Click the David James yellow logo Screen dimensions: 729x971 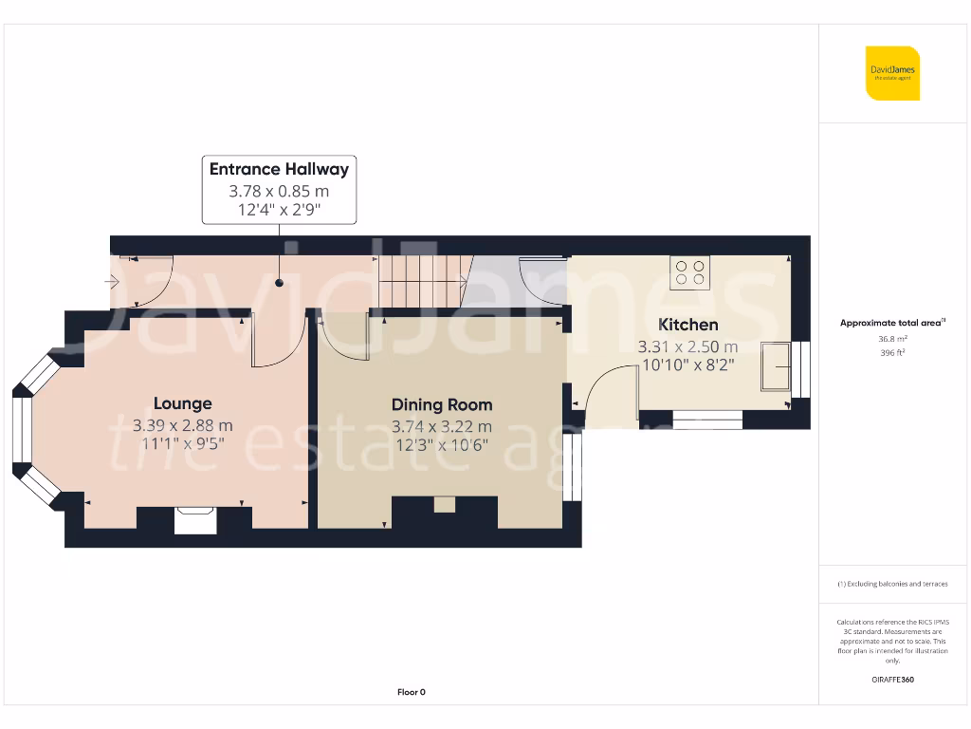pos(892,73)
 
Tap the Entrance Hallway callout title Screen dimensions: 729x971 pos(279,170)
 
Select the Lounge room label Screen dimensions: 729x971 pos(183,403)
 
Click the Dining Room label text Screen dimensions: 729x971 pos(442,404)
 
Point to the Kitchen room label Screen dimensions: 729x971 pos(688,325)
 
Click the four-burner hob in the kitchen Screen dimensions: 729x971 pos(689,272)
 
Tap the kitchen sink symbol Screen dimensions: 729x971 pos(777,366)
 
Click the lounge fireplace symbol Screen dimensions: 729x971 pos(195,519)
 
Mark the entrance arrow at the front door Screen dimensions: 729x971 pos(111,281)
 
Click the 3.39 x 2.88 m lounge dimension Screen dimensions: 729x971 pos(183,425)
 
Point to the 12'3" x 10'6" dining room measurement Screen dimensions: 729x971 pos(442,445)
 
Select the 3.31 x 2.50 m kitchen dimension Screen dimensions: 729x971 pos(688,346)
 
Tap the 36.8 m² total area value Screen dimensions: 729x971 pos(892,337)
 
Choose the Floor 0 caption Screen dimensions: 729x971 pos(411,692)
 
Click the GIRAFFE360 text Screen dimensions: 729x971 pos(892,680)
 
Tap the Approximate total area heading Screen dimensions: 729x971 pos(892,323)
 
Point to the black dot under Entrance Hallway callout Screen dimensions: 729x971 pos(279,283)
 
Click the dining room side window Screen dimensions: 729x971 pos(572,468)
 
